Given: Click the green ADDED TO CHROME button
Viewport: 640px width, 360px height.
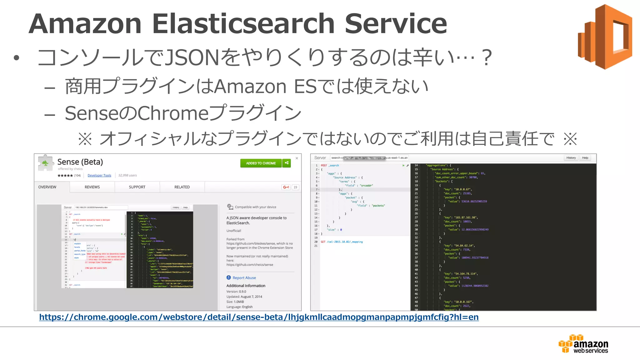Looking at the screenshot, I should point(261,163).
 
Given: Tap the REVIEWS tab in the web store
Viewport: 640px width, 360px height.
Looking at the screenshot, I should point(92,187).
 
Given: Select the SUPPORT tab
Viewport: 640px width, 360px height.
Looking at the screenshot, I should point(137,187).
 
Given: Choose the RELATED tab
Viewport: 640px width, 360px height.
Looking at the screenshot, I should point(182,187).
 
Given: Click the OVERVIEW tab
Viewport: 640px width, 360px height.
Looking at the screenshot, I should point(47,187).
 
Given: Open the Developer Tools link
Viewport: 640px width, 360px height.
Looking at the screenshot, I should point(99,175).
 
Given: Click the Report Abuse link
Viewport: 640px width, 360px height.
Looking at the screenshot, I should point(244,278).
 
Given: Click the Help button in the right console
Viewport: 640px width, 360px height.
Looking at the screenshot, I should point(585,158).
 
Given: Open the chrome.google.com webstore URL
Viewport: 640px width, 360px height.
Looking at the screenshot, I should point(259,317).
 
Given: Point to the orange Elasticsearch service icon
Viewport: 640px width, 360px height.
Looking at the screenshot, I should point(605,37).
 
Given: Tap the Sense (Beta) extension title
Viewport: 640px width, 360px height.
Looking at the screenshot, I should point(80,162).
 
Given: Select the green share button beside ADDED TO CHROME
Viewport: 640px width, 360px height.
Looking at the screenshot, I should point(287,163).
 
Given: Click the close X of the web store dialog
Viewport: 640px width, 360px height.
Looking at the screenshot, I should point(297,158).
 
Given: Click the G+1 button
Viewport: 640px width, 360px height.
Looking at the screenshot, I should point(286,187).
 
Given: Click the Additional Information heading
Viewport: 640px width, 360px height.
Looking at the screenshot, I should point(246,286).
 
